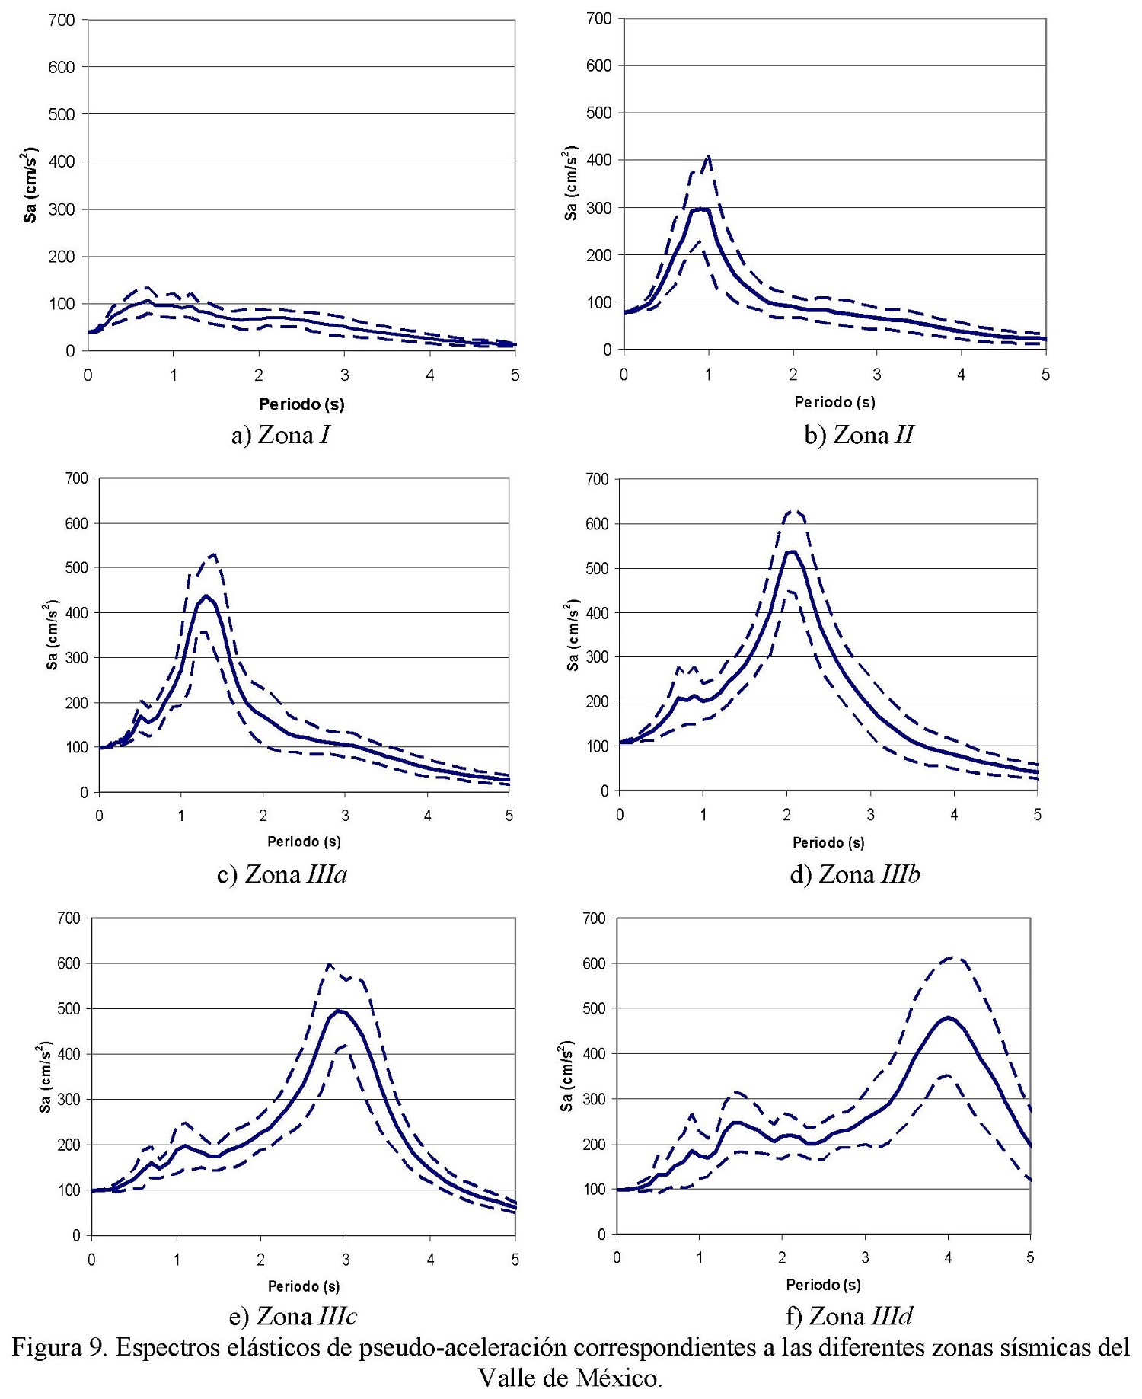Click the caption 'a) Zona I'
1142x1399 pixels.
point(281,435)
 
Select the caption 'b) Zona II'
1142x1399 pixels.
point(858,435)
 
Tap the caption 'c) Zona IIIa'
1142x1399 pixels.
point(282,874)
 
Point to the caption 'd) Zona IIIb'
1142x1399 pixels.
point(855,874)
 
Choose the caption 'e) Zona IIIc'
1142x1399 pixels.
point(293,1316)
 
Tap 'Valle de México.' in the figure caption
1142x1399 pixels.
point(570,1378)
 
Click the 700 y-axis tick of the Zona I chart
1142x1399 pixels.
point(62,20)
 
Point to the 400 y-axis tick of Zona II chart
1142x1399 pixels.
point(599,161)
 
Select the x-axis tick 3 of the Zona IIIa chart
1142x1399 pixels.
point(346,816)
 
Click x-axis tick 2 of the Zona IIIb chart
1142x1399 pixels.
point(787,815)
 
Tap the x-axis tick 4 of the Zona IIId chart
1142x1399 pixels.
point(947,1257)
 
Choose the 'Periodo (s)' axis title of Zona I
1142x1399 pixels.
point(301,404)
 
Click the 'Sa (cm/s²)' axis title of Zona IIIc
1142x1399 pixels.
point(45,1077)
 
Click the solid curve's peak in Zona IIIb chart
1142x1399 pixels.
point(791,551)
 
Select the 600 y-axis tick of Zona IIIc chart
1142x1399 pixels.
point(69,963)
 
